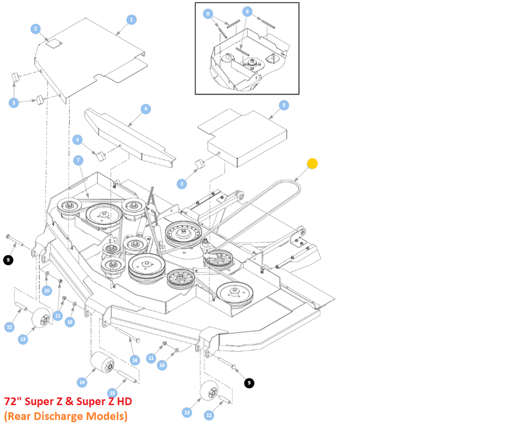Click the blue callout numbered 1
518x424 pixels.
(x=131, y=20)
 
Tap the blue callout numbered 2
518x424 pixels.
(x=35, y=29)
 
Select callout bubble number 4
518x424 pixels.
(x=145, y=109)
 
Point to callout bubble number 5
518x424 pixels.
(x=283, y=105)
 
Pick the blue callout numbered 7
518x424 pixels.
(x=78, y=160)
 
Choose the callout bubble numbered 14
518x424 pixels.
(x=82, y=382)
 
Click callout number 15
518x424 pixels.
(x=112, y=393)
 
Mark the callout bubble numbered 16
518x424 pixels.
(x=135, y=360)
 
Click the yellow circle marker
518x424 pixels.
(x=312, y=164)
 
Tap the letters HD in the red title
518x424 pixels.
(x=123, y=402)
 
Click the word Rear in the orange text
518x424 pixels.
(x=19, y=416)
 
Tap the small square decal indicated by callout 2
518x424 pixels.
(x=52, y=44)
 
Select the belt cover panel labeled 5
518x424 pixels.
(x=248, y=137)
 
